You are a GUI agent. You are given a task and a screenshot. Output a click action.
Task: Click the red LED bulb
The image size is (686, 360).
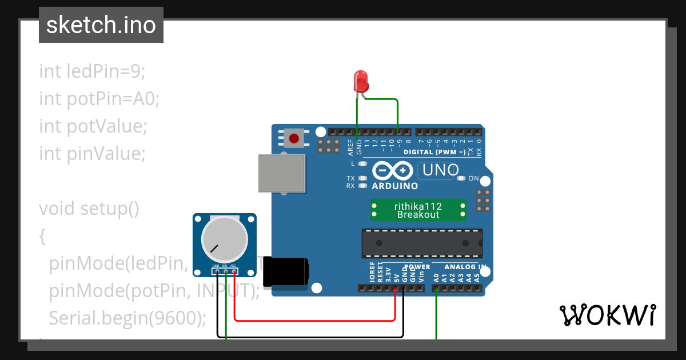pos(361,82)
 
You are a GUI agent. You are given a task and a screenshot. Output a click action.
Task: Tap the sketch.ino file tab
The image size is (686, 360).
pos(101,25)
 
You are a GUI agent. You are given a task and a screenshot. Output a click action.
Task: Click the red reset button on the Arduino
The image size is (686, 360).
pos(294,138)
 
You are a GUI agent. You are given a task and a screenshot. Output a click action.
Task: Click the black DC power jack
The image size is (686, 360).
pos(286,271)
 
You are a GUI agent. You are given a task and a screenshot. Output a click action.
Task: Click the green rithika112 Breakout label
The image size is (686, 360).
pos(418,210)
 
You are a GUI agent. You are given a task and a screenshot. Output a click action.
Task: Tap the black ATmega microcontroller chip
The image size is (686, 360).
pos(421,243)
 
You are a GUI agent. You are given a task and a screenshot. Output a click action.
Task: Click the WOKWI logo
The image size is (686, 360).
pos(607,315)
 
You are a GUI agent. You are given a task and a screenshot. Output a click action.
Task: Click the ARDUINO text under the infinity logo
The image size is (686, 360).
pos(394,186)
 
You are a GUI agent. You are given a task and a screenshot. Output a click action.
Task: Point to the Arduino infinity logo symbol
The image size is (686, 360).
pos(392,171)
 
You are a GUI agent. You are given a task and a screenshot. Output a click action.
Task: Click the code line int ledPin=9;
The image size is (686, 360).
pos(92,71)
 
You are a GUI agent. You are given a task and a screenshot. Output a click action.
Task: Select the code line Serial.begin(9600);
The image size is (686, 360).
pos(127,318)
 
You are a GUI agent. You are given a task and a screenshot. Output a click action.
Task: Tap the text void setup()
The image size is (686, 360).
pos(89,208)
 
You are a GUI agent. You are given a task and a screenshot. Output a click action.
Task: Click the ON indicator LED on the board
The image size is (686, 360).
pos(461,178)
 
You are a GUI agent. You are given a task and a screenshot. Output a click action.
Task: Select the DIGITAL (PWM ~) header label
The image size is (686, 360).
pos(434,153)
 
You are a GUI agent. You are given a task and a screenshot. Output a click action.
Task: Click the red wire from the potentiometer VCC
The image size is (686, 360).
pos(314,321)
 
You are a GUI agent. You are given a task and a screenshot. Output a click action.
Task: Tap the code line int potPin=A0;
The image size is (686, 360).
pos(99,99)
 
